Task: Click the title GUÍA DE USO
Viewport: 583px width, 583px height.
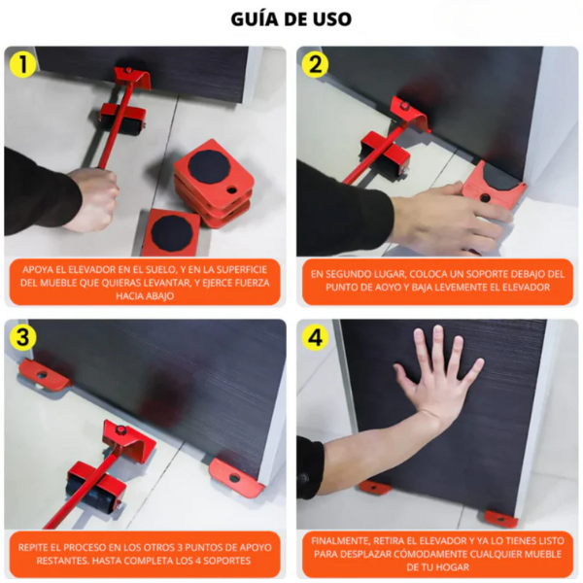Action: (291, 18)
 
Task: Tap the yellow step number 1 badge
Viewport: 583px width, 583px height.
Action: (20, 64)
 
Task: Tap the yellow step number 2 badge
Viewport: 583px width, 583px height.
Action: (315, 64)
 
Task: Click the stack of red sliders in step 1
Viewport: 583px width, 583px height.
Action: (212, 180)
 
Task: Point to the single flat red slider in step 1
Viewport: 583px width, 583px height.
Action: (171, 231)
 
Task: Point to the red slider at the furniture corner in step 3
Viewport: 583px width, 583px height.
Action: (236, 476)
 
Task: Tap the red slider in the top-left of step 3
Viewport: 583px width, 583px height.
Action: (44, 374)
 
